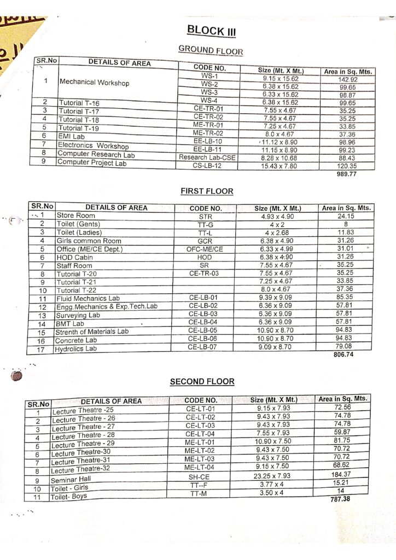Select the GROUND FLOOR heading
click(x=211, y=50)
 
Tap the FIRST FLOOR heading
click(x=207, y=191)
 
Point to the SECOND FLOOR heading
click(x=202, y=381)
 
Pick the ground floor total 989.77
click(x=347, y=173)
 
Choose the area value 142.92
click(x=347, y=79)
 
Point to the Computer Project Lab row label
click(x=91, y=162)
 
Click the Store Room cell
click(x=76, y=216)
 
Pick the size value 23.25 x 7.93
click(x=273, y=476)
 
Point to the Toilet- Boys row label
click(x=69, y=497)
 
